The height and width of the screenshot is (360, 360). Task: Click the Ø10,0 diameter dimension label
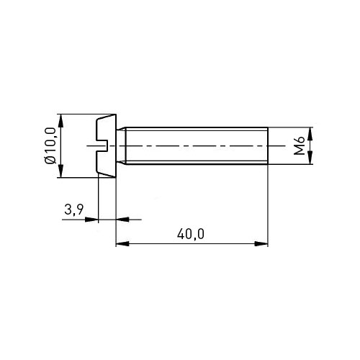click(50, 145)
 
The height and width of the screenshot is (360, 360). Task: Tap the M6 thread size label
click(300, 145)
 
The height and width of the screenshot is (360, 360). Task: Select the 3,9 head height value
click(74, 210)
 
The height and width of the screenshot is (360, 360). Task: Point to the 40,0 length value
click(191, 234)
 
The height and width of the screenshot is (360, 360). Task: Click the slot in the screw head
click(102, 145)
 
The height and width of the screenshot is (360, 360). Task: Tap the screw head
click(106, 145)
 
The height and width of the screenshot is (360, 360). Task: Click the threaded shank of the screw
click(197, 145)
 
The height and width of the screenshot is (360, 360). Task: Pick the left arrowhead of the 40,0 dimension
click(122, 244)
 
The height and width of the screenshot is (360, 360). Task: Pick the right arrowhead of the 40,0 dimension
click(261, 244)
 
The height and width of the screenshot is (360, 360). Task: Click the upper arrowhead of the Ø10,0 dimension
click(61, 121)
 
